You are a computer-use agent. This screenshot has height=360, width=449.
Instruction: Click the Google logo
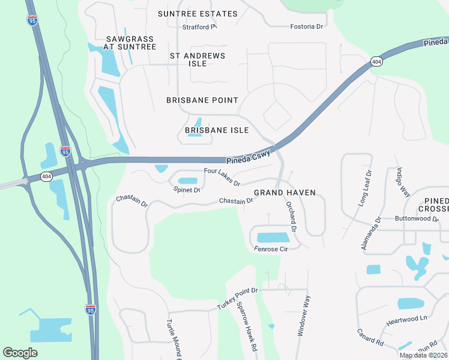click(20, 353)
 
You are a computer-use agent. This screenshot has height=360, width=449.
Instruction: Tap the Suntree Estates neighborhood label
click(197, 14)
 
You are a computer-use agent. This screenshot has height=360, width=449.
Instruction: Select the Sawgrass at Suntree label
click(128, 43)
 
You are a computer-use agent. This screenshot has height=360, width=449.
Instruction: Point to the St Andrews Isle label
click(197, 59)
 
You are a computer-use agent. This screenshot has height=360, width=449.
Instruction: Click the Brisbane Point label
click(202, 100)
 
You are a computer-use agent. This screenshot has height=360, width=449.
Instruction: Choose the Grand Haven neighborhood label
click(285, 193)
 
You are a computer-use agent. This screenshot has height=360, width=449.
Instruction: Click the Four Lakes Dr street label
click(222, 177)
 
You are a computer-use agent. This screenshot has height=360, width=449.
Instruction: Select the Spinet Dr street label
click(187, 190)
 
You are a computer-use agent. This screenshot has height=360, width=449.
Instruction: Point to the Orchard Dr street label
click(291, 217)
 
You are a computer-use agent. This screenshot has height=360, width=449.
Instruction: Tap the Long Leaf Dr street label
click(365, 188)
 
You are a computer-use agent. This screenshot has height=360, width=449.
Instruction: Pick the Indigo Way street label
click(402, 182)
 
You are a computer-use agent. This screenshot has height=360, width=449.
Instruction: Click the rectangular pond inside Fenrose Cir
click(273, 237)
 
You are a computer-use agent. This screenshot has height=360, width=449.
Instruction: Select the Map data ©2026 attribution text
click(423, 355)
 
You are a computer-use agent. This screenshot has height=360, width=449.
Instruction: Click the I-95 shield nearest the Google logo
click(90, 310)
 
